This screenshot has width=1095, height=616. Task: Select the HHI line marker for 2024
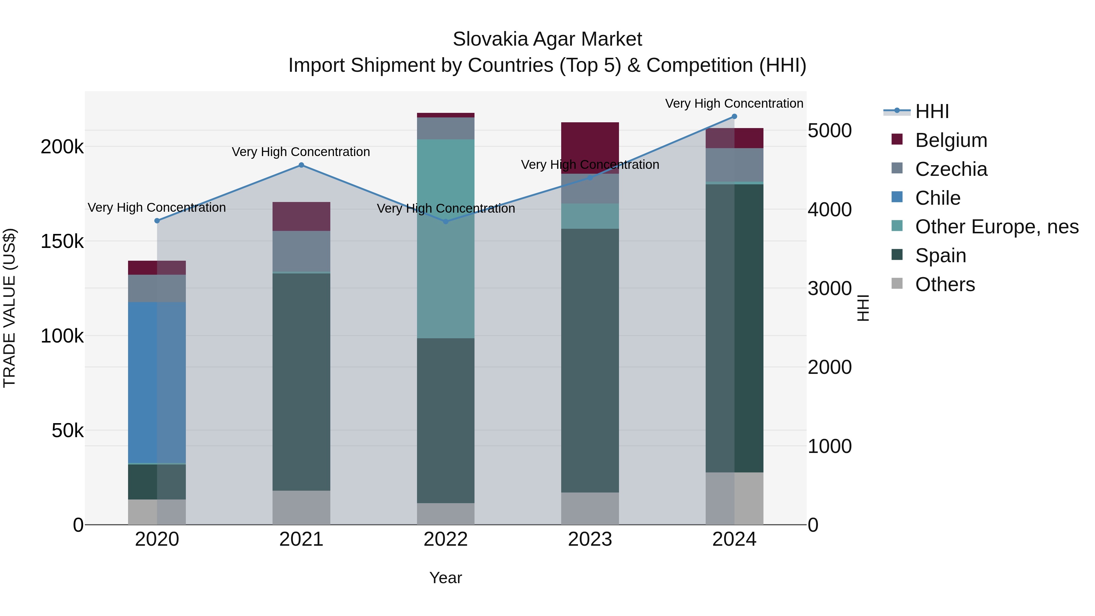pos(734,117)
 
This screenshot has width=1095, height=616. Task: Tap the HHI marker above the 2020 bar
pos(157,221)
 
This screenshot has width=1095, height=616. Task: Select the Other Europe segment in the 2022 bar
pos(446,238)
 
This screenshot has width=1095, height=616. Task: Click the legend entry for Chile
pos(937,198)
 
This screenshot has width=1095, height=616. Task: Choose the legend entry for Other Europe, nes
pos(996,227)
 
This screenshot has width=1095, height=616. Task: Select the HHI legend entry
pos(932,111)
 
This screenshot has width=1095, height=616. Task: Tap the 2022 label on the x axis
pos(446,539)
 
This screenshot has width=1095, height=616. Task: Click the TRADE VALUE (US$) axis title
pos(9,308)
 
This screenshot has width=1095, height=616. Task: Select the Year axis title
pos(446,578)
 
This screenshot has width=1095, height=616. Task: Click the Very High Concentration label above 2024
pos(734,103)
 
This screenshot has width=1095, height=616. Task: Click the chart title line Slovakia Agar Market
pos(547,39)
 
